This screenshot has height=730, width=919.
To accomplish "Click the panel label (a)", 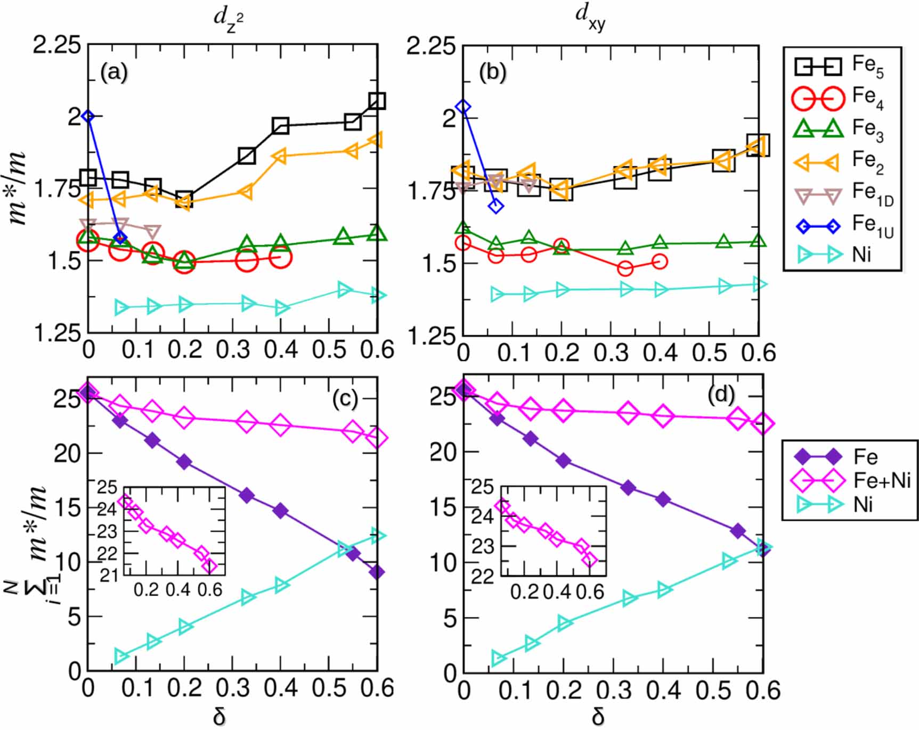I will tap(114, 72).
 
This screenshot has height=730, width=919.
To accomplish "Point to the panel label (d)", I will tap(721, 395).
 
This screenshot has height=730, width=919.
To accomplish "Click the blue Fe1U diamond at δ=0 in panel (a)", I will tap(88, 116).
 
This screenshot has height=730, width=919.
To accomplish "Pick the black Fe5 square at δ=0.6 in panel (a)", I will tap(377, 101).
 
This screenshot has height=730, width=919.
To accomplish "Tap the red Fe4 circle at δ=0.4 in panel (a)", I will tap(281, 258).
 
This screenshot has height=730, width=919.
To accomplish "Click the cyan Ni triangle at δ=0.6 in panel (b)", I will tap(759, 284).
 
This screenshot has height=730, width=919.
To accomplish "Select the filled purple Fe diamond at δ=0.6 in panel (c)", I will tap(377, 572).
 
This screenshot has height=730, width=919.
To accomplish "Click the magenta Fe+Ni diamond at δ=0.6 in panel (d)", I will tap(763, 424).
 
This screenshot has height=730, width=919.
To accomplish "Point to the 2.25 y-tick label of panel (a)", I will tap(57, 45).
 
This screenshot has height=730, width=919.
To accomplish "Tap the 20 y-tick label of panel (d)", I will tap(443, 453).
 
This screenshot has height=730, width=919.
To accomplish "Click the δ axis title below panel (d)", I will tap(598, 717).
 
